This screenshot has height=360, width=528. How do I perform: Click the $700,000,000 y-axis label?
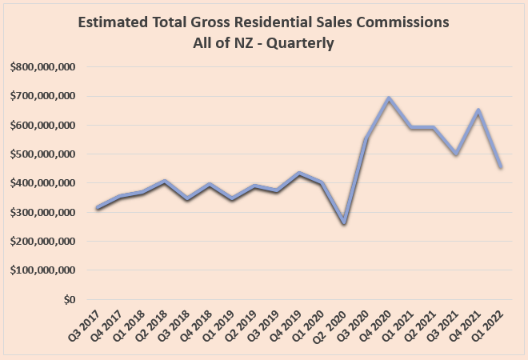(x=43, y=96)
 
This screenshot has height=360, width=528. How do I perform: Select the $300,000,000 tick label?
(x=43, y=212)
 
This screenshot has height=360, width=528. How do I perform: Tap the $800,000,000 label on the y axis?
(x=43, y=67)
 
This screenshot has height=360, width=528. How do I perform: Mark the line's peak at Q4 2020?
(x=389, y=98)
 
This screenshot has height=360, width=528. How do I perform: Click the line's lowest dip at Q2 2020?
(x=344, y=222)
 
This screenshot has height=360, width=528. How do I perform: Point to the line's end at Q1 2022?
(x=501, y=166)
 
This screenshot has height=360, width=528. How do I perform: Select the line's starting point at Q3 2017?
(x=97, y=208)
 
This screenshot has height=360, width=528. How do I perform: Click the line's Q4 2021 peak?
(x=478, y=111)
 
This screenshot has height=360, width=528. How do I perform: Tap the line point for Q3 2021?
(x=456, y=154)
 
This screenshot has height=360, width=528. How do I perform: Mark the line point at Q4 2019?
(x=299, y=173)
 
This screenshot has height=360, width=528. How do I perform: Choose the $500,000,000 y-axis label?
(x=43, y=154)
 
